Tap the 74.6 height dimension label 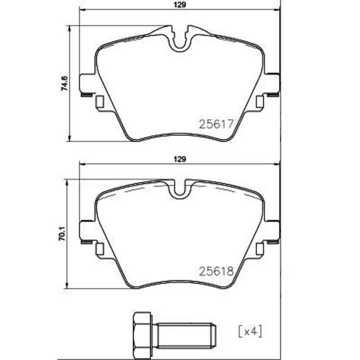pos(64,84)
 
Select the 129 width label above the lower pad pos(180,159)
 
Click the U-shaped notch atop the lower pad pos(180,189)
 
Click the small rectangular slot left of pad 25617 pos(100,102)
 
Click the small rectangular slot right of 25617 pos(259,102)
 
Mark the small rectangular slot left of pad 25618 pos(100,249)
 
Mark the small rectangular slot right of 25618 pos(259,249)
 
